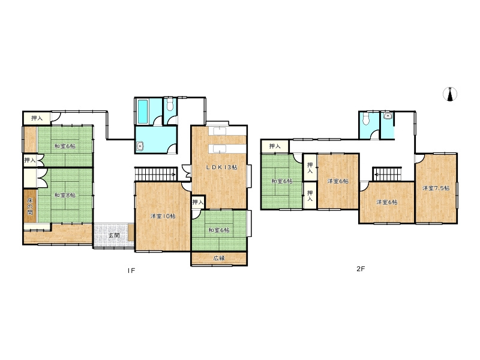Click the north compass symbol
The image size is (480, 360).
pos(450,94)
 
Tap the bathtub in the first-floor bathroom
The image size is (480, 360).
pos(142,111)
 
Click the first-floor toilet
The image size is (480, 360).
pos(170,104)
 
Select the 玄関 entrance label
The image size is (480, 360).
pos(114,236)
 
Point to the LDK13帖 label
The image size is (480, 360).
pos(221,167)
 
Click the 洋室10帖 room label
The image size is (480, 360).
pos(163,216)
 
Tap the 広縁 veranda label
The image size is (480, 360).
pos(219,258)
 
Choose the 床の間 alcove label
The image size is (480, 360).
pos(30,206)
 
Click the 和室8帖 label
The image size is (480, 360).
pos(65,195)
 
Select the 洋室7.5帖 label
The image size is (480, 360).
pos(436,188)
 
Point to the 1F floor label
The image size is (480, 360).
pos(131,271)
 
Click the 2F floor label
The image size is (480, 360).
pos(361,269)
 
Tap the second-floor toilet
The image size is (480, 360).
pos(365,119)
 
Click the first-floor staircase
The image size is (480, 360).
pos(156,174)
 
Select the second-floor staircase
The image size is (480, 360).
pos(386,174)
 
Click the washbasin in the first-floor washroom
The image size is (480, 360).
pos(140,146)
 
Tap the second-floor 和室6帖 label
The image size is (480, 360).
pos(282,181)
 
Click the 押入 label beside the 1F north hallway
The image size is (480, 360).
pos(37,118)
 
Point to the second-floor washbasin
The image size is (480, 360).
pos(388,116)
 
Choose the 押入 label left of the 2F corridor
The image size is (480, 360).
pos(275,146)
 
